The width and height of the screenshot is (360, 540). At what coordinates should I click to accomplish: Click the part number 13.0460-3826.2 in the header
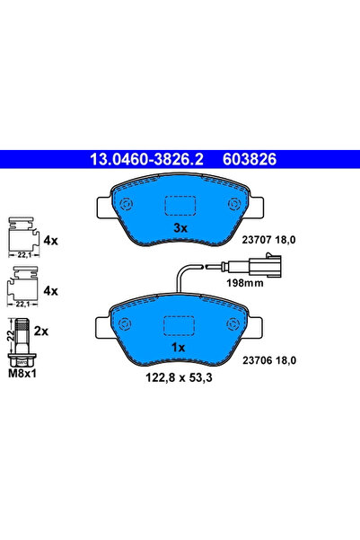146,159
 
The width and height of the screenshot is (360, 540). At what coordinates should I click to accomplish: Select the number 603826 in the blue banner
250,159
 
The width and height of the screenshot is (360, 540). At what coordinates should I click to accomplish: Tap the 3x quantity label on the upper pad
180,228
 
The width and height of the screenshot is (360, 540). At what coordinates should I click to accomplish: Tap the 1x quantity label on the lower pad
179,348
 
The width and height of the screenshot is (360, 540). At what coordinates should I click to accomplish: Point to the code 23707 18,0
268,240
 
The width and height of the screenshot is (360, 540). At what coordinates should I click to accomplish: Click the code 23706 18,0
269,360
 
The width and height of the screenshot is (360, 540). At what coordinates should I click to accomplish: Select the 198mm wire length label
245,283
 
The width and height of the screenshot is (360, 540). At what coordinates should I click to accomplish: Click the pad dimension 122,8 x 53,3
179,377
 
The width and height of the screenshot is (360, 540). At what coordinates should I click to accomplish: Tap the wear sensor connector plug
266,266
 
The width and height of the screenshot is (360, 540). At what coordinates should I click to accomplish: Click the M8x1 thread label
22,373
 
